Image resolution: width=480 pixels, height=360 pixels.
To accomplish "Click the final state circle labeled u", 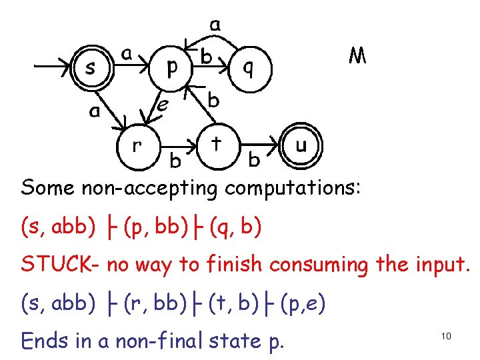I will [301, 145].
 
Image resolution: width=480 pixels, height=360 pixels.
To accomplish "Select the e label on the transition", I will [162, 104].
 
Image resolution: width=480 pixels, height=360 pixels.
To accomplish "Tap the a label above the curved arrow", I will [215, 25].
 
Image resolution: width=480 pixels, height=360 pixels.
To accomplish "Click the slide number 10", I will [446, 336].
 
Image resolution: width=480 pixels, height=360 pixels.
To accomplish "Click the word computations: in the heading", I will [293, 188].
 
